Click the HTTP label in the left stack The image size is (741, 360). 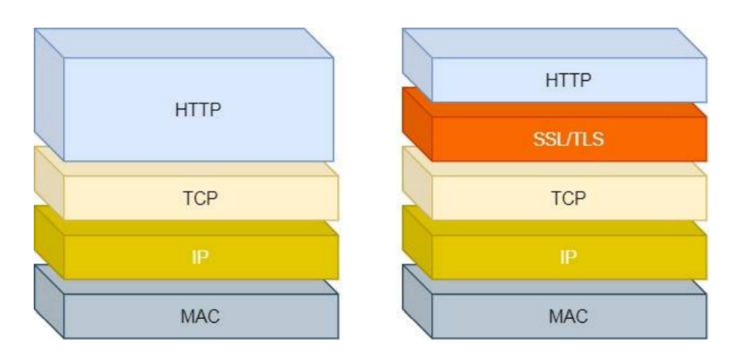pyautogui.click(x=198, y=110)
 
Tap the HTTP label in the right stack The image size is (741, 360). pyautogui.click(x=568, y=80)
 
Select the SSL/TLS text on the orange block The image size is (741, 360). pyautogui.click(x=568, y=139)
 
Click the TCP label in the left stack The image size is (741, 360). pyautogui.click(x=200, y=198)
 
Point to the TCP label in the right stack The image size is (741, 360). pyautogui.click(x=568, y=198)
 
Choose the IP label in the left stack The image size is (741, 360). pyautogui.click(x=200, y=257)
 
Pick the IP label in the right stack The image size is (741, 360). pyautogui.click(x=568, y=257)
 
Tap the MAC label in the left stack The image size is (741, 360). pyautogui.click(x=200, y=316)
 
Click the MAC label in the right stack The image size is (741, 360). pyautogui.click(x=568, y=316)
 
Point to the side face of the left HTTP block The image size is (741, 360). pyautogui.click(x=49, y=95)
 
